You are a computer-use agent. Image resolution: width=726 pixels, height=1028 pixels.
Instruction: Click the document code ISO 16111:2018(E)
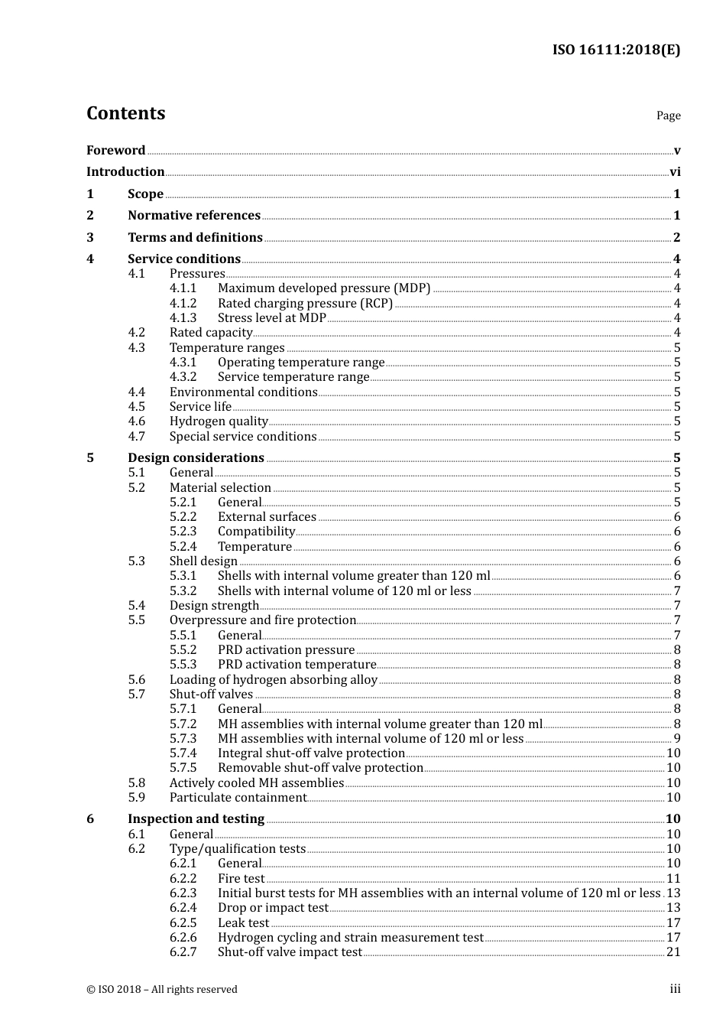tap(616, 50)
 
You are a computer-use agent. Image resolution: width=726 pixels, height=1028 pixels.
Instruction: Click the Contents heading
tap(125, 113)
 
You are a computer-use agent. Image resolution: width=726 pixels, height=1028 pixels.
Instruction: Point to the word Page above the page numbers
tap(668, 115)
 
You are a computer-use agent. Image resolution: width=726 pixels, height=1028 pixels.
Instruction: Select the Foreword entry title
tap(115, 150)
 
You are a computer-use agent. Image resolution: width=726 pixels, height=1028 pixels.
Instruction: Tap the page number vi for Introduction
tap(675, 172)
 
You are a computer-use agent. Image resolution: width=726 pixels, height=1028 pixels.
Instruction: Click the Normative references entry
tap(194, 216)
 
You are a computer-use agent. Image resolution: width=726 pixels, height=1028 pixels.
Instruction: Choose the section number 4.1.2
tap(183, 303)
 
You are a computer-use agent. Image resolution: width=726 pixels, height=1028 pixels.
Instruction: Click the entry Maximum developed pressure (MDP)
tap(324, 288)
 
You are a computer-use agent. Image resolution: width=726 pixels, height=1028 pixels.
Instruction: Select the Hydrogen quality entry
tap(219, 421)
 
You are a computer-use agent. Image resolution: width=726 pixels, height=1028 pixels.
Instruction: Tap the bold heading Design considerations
tap(196, 458)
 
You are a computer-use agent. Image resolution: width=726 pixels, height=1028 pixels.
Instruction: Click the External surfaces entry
tap(267, 517)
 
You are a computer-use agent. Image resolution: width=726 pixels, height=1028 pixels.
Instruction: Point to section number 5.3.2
tap(183, 591)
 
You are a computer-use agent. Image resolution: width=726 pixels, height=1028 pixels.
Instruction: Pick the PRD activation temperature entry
tap(297, 665)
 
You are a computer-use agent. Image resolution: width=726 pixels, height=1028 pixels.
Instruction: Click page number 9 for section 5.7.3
tap(676, 739)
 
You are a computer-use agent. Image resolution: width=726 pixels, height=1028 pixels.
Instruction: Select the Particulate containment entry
tap(238, 798)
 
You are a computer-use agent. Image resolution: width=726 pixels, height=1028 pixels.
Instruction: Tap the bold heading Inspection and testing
tap(196, 819)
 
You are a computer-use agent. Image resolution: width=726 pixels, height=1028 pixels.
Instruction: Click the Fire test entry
tap(241, 879)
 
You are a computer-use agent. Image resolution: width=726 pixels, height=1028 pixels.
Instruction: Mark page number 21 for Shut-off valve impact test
tap(673, 952)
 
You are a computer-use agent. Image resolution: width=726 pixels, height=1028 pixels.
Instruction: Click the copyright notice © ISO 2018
tap(161, 990)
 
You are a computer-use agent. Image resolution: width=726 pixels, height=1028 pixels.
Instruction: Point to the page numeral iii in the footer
tap(675, 989)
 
